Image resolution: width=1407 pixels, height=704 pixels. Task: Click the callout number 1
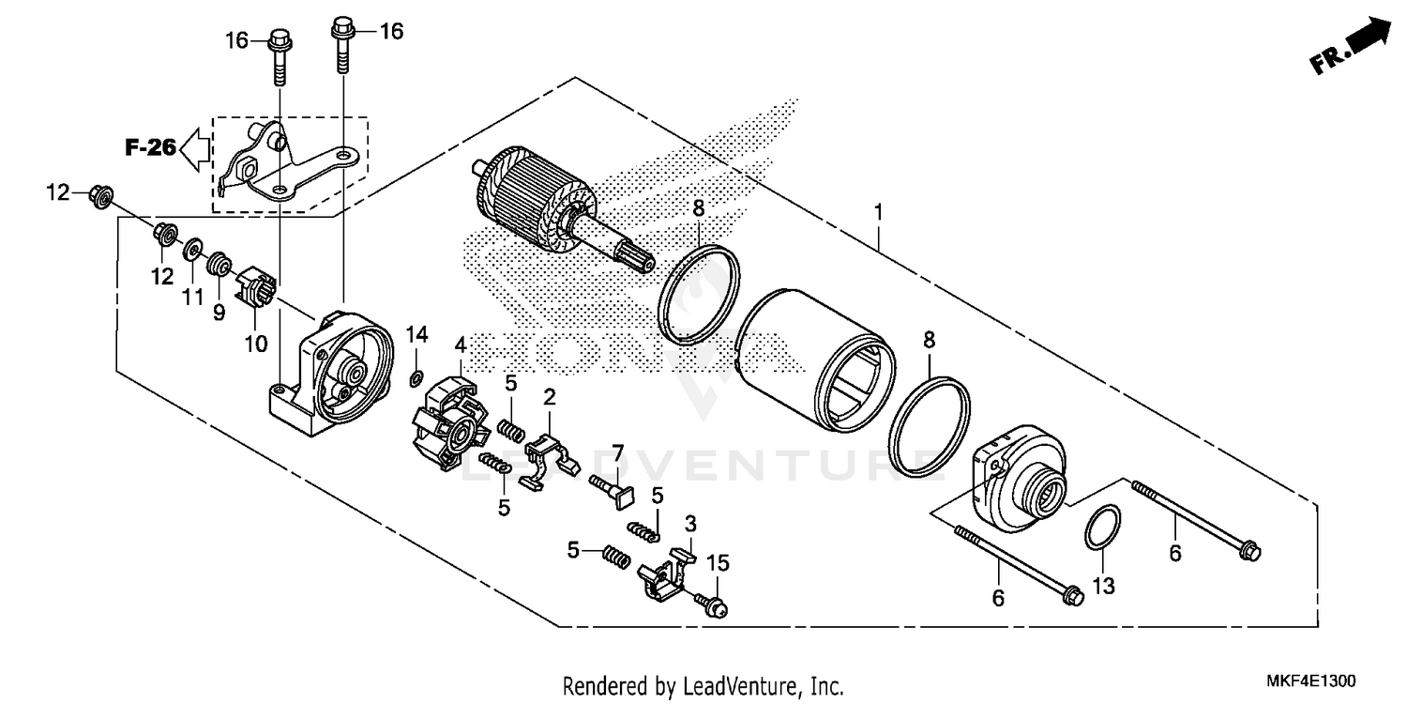pyautogui.click(x=878, y=213)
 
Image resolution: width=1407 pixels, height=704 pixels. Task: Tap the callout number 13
pyautogui.click(x=1104, y=586)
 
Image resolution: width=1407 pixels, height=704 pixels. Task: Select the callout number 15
pyautogui.click(x=718, y=563)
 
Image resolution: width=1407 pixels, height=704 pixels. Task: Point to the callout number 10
pyautogui.click(x=256, y=344)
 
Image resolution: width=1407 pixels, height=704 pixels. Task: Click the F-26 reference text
pyautogui.click(x=150, y=146)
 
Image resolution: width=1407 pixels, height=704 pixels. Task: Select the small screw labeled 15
pyautogui.click(x=713, y=605)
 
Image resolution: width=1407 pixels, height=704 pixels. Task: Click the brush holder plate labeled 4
pyautogui.click(x=451, y=422)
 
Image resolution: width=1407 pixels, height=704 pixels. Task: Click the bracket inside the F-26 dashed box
pyautogui.click(x=281, y=164)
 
